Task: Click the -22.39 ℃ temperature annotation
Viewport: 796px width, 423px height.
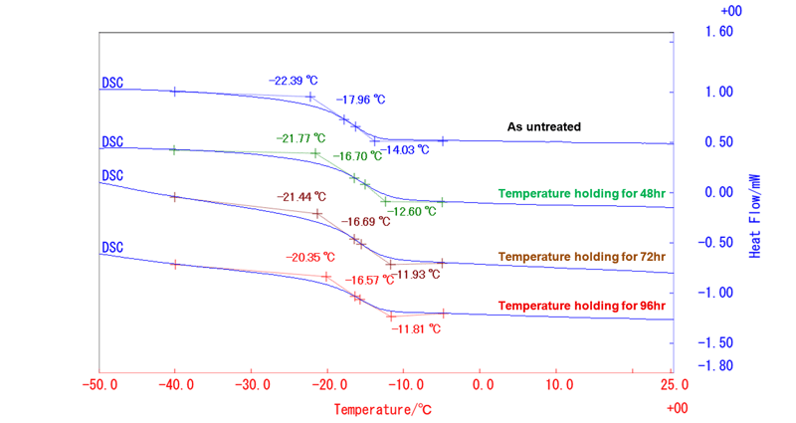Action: coord(293,81)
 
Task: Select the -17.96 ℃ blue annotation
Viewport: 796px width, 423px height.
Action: coord(360,100)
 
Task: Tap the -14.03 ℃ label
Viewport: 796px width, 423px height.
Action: coord(405,150)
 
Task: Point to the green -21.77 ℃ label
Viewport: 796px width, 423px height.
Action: coord(300,138)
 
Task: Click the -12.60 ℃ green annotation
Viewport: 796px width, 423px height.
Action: coord(412,211)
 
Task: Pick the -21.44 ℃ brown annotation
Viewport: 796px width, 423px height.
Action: coord(301,196)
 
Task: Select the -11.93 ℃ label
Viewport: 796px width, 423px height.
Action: coord(415,275)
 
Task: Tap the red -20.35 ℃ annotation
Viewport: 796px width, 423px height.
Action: coord(310,258)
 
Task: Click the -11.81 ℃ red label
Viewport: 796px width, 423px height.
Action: coord(416,329)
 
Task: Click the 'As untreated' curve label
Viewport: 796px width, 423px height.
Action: coord(543,127)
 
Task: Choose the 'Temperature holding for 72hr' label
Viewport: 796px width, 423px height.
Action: coord(582,257)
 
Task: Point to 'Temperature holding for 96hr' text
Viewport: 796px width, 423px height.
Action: coord(582,306)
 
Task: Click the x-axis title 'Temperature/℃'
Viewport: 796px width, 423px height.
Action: coord(383,409)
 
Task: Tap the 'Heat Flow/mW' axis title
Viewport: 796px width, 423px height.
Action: coord(755,216)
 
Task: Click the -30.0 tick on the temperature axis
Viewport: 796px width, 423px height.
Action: coord(253,384)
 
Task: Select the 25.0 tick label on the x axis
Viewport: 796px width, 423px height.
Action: coord(675,384)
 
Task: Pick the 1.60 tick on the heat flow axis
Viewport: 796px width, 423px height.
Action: coord(719,32)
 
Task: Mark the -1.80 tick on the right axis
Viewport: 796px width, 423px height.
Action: coord(715,365)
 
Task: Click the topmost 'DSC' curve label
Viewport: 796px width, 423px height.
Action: coord(112,83)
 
